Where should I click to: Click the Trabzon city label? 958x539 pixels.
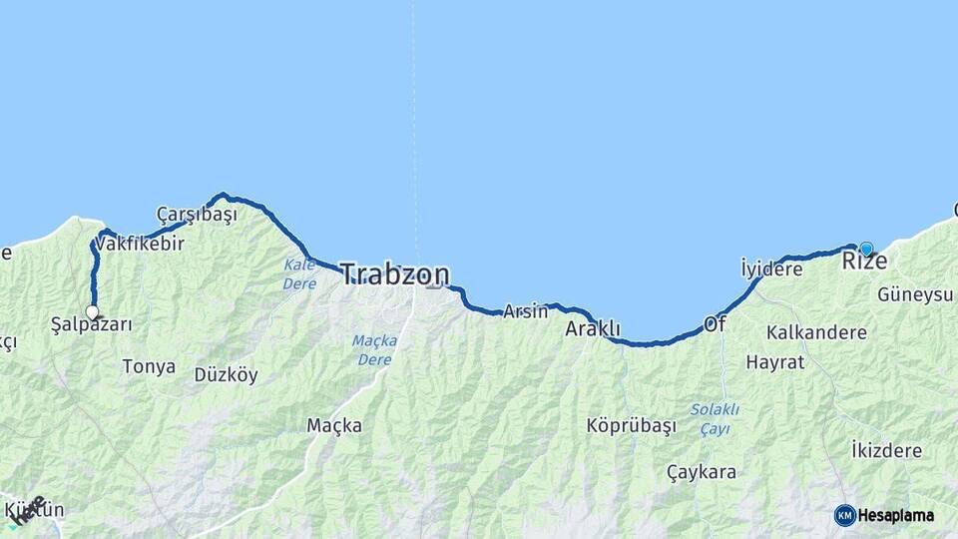pyautogui.click(x=395, y=274)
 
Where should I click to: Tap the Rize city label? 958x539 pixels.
pyautogui.click(x=864, y=263)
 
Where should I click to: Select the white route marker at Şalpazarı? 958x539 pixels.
pyautogui.click(x=93, y=312)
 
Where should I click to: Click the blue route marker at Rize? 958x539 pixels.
pyautogui.click(x=866, y=249)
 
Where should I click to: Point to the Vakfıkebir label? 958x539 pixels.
pyautogui.click(x=141, y=243)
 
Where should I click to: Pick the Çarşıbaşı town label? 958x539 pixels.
pyautogui.click(x=197, y=215)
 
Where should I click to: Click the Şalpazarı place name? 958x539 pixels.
pyautogui.click(x=92, y=325)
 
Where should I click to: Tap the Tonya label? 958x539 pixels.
pyautogui.click(x=149, y=366)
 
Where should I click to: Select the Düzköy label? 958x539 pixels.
pyautogui.click(x=226, y=375)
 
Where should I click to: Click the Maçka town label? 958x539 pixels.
pyautogui.click(x=334, y=426)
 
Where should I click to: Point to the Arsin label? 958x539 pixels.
pyautogui.click(x=525, y=311)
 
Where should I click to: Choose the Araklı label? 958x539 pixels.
pyautogui.click(x=593, y=328)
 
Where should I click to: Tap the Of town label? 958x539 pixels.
pyautogui.click(x=715, y=324)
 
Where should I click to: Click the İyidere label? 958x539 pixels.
pyautogui.click(x=771, y=269)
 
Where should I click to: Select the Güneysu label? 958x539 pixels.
pyautogui.click(x=915, y=294)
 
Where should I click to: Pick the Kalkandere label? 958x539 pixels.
pyautogui.click(x=817, y=332)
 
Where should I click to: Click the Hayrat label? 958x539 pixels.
pyautogui.click(x=775, y=362)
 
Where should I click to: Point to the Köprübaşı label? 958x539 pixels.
pyautogui.click(x=632, y=425)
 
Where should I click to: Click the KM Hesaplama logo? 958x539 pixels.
pyautogui.click(x=884, y=515)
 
